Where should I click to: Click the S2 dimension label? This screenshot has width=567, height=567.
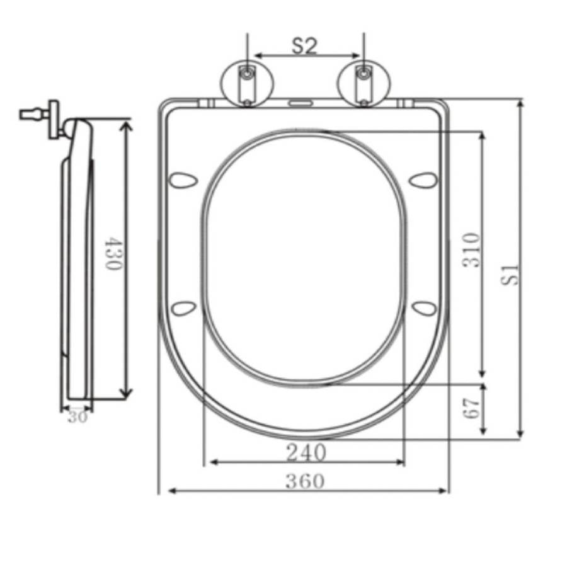(304, 46)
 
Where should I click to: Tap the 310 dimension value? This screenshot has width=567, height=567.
(472, 250)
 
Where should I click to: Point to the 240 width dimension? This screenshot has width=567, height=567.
(306, 452)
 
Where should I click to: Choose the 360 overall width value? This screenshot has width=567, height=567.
(306, 481)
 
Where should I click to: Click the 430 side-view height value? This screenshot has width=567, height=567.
(112, 253)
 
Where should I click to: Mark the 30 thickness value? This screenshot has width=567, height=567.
(77, 416)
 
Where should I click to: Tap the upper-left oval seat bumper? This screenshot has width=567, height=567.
(184, 180)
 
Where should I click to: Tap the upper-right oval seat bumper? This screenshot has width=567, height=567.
(423, 180)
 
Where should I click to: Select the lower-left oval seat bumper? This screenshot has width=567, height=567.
(184, 308)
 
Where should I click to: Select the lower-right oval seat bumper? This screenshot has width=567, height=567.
(424, 308)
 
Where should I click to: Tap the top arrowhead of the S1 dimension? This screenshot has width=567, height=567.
(520, 104)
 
